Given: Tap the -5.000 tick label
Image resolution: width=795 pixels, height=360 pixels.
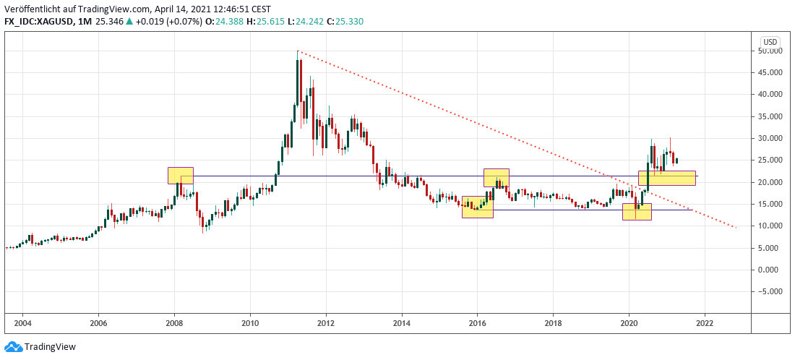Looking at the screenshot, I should click(768, 291).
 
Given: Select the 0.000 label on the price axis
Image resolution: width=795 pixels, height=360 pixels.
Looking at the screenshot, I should click(769, 270).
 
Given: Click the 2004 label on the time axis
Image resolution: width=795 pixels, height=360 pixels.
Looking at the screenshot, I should click(22, 323).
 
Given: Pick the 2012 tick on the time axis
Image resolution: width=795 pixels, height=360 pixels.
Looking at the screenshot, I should click(326, 323).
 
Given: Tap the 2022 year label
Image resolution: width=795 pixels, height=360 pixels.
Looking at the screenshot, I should click(705, 323).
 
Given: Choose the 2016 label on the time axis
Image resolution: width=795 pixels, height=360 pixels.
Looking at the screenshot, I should click(478, 323).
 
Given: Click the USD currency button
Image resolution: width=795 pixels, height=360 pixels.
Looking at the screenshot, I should click(770, 41).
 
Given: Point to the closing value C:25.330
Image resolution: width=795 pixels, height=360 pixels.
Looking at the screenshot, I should click(345, 22).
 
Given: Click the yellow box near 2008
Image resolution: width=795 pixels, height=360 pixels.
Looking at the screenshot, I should click(181, 176).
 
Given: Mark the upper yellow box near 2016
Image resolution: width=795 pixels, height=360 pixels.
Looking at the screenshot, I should click(497, 178).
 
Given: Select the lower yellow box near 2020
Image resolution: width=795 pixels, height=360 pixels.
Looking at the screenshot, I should click(637, 211).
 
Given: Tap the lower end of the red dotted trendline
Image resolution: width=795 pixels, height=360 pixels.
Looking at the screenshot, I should click(736, 228).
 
